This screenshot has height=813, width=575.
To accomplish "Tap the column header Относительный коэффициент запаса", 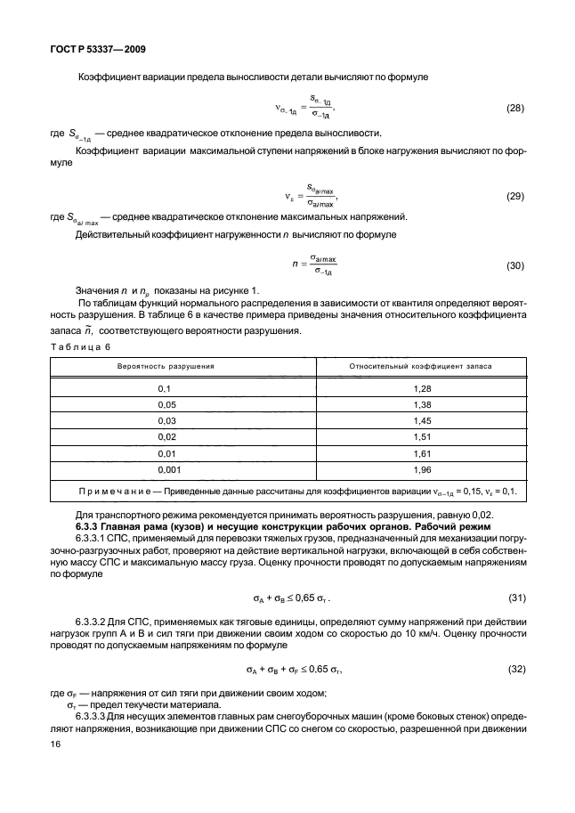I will coord(409,365).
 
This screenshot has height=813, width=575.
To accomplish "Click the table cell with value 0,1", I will coord(163,389).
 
